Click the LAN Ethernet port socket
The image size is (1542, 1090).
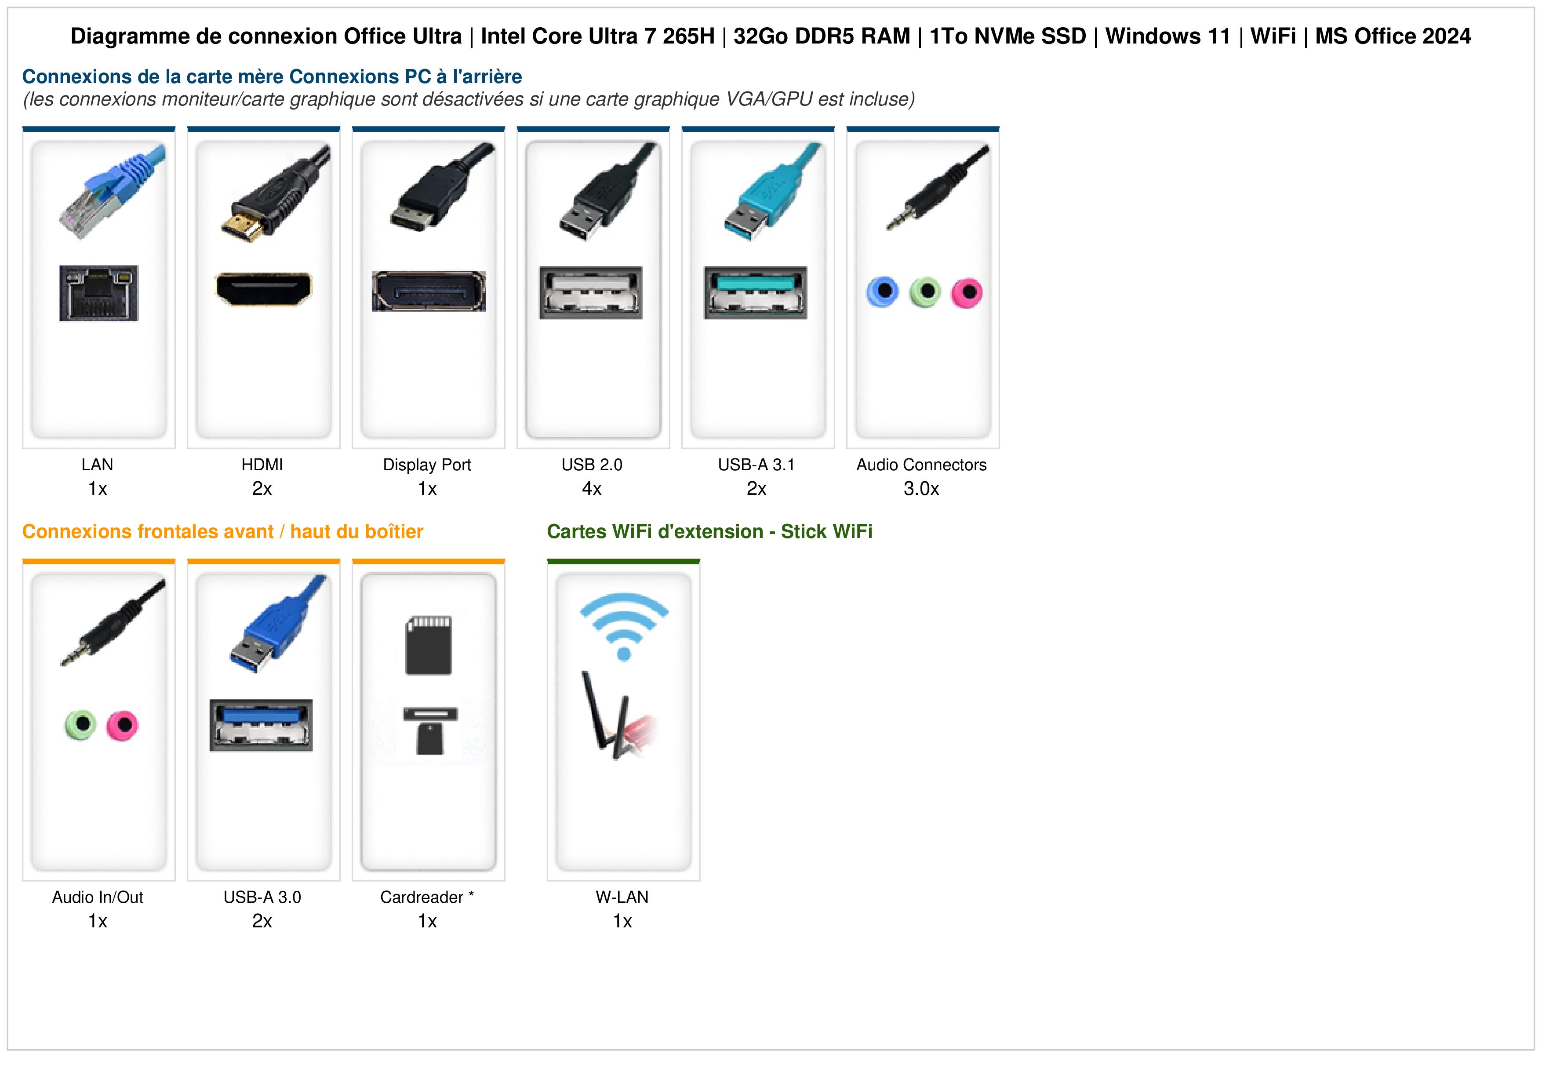coord(99,293)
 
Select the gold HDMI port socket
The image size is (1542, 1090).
coord(263,289)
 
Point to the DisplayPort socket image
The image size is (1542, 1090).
coord(429,291)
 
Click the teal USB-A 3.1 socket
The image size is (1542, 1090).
coord(756,292)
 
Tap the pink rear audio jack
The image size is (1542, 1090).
coord(967,292)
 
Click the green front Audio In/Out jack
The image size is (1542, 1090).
coord(80,725)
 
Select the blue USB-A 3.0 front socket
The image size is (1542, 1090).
coord(261,725)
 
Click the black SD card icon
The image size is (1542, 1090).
coord(429,645)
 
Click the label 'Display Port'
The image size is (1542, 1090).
coord(427,465)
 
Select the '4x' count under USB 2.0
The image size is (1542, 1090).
coord(592,489)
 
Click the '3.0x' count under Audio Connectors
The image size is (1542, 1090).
coord(921,489)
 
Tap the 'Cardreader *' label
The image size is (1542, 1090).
coord(427,897)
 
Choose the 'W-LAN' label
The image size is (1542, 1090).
coord(622,897)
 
